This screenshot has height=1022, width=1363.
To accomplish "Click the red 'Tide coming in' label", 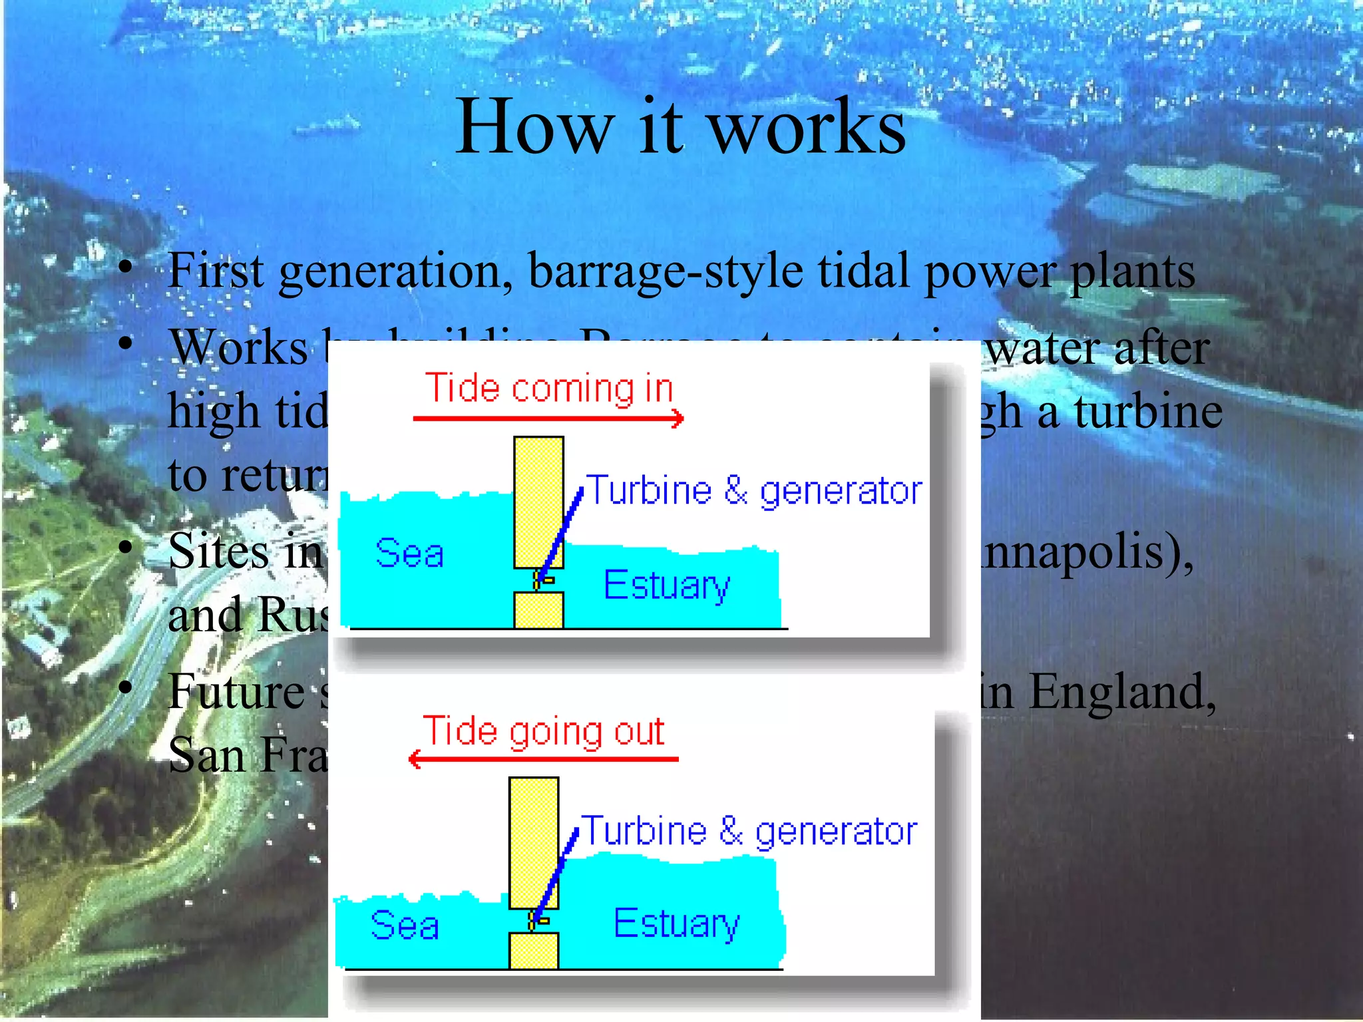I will pos(549,389).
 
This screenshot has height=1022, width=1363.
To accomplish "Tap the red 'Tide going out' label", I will pos(543,732).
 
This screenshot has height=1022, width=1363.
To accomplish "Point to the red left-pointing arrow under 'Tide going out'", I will pos(543,759).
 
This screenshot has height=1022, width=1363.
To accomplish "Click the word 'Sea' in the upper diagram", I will pos(409,554).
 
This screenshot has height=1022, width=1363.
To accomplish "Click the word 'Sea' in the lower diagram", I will pos(405,925).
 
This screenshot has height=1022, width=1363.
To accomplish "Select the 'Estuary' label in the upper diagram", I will pos(667,586).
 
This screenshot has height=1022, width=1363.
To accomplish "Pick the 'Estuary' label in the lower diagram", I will pos(676,924).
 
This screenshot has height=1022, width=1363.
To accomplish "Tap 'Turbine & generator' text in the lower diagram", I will pos(749,832).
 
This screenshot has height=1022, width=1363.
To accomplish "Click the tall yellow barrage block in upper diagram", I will pos(538,492).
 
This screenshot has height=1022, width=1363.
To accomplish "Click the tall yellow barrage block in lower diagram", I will pos(533,832).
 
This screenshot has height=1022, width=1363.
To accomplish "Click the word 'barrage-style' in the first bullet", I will pos(665,271).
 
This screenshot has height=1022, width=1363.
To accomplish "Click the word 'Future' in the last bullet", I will pos(237,692).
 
